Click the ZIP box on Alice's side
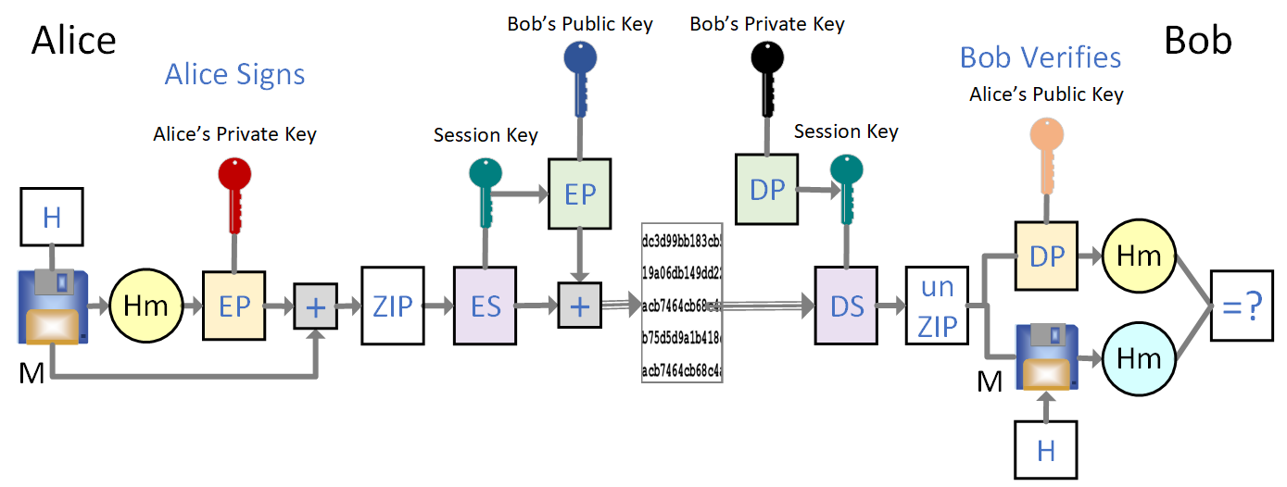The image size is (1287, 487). [x=392, y=306]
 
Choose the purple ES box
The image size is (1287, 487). [x=485, y=306]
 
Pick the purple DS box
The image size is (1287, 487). [x=846, y=306]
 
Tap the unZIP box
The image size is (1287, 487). [x=937, y=306]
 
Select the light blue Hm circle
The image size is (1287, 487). [x=1138, y=357]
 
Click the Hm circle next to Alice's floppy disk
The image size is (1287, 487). [x=145, y=306]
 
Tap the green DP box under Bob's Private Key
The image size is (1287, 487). [x=767, y=189]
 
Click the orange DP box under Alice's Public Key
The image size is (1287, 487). [x=1046, y=256]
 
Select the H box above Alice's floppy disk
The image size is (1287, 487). [x=52, y=219]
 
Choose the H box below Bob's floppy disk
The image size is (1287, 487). [x=1046, y=450]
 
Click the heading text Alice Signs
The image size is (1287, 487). [x=234, y=74]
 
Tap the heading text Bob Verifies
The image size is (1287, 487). [x=1040, y=57]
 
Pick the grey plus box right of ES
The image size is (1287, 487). [x=579, y=306]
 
